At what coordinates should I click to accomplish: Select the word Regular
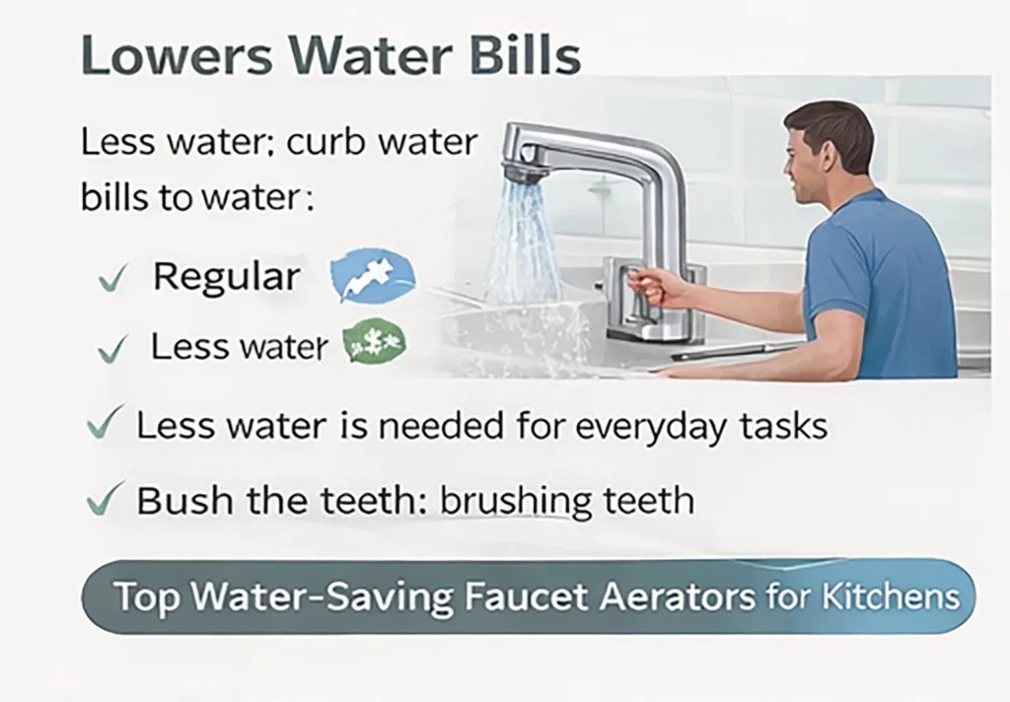click(226, 277)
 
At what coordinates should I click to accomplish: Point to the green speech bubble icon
click(374, 345)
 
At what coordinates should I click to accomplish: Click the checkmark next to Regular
click(111, 281)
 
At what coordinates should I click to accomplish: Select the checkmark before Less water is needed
click(106, 425)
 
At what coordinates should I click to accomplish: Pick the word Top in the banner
click(143, 597)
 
